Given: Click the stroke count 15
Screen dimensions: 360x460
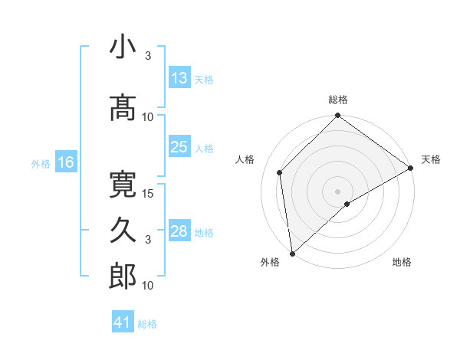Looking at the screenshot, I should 149,193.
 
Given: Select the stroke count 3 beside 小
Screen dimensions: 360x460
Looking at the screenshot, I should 148,56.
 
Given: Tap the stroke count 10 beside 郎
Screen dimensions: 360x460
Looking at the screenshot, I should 149,286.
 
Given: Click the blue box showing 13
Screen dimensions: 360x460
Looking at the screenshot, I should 179,78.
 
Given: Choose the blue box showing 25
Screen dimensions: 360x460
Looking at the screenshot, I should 179,147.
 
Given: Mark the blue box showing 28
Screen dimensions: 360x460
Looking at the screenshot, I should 179,231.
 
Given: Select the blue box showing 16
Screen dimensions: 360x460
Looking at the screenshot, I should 66,162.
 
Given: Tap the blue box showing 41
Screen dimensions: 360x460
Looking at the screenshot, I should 122,322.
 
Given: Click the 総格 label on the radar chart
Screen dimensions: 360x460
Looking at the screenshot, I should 338,100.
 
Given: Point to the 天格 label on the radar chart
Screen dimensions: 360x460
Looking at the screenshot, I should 431,159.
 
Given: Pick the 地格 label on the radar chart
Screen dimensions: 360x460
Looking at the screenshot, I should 402,262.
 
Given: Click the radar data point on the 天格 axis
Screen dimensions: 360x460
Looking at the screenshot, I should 411,169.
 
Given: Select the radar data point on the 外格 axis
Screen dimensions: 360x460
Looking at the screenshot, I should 292,253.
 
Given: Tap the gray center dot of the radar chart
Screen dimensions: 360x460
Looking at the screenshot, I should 337,191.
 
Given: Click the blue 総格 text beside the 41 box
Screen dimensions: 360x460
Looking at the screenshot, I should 147,324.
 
